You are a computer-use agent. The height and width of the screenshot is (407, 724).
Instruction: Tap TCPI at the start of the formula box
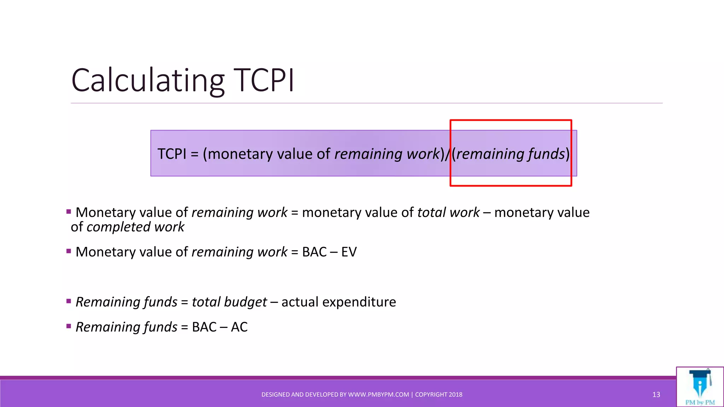[x=172, y=154]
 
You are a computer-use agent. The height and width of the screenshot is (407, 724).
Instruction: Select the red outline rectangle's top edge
[x=510, y=120]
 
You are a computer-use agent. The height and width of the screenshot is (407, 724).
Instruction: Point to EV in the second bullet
[x=349, y=252]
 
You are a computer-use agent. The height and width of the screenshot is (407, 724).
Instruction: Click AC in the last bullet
[x=239, y=327]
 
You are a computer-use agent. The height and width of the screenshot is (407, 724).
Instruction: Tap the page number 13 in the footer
[x=656, y=395]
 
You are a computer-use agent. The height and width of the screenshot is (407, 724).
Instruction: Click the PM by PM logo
[x=700, y=387]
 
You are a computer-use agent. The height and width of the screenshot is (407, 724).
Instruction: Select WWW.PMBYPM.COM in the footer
[x=378, y=395]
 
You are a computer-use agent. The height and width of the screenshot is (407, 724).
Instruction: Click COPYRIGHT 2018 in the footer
[x=439, y=395]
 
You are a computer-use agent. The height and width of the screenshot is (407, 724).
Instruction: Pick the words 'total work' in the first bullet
[x=448, y=213]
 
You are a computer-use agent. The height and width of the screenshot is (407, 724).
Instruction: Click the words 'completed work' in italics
[x=135, y=227]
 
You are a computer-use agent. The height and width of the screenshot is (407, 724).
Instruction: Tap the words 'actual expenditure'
[x=339, y=302]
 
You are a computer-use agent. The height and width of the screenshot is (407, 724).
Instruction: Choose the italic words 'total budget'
[x=229, y=302]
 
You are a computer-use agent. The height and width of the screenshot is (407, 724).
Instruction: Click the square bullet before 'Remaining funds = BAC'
[x=69, y=326]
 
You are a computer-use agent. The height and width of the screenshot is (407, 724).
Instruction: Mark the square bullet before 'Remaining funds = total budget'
[x=69, y=301]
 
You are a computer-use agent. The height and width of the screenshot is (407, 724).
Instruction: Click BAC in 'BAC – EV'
[x=314, y=252]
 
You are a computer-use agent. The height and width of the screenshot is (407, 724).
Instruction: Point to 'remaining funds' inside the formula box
[x=510, y=154]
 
